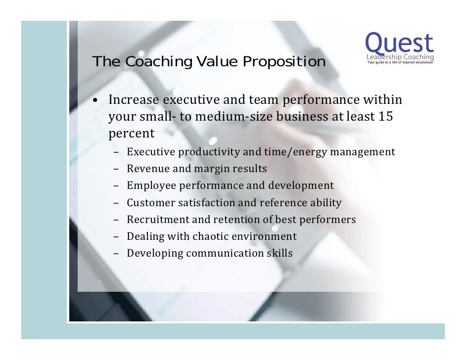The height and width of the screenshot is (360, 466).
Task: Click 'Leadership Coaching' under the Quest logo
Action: pos(400,58)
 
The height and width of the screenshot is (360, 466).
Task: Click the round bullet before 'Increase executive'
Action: pos(98,101)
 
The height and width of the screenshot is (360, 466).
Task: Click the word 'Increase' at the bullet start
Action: pos(134,100)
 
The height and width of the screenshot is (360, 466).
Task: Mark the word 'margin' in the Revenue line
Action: pos(211,169)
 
